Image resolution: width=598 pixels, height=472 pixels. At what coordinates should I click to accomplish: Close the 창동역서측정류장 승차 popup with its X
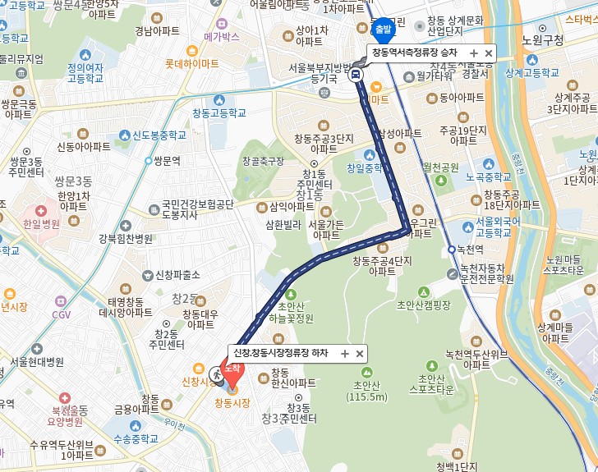click(x=489, y=53)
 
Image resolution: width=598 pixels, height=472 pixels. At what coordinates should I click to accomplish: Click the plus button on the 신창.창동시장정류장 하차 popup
click(x=345, y=353)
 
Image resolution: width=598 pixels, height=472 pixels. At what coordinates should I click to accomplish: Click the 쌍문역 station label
click(x=167, y=161)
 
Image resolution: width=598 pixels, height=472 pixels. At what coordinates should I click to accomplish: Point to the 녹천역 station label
click(x=473, y=250)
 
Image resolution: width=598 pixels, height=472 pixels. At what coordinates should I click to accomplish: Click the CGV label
click(x=62, y=314)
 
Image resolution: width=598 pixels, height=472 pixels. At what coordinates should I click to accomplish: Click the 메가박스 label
click(x=222, y=37)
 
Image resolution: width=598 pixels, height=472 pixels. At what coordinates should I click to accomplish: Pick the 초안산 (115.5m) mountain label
click(x=366, y=391)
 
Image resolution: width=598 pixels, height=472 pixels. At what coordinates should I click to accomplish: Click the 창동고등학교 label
click(x=218, y=112)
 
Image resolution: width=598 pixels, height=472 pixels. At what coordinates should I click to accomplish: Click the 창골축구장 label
click(x=263, y=161)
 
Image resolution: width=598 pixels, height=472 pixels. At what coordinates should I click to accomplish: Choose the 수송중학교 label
click(x=136, y=439)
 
